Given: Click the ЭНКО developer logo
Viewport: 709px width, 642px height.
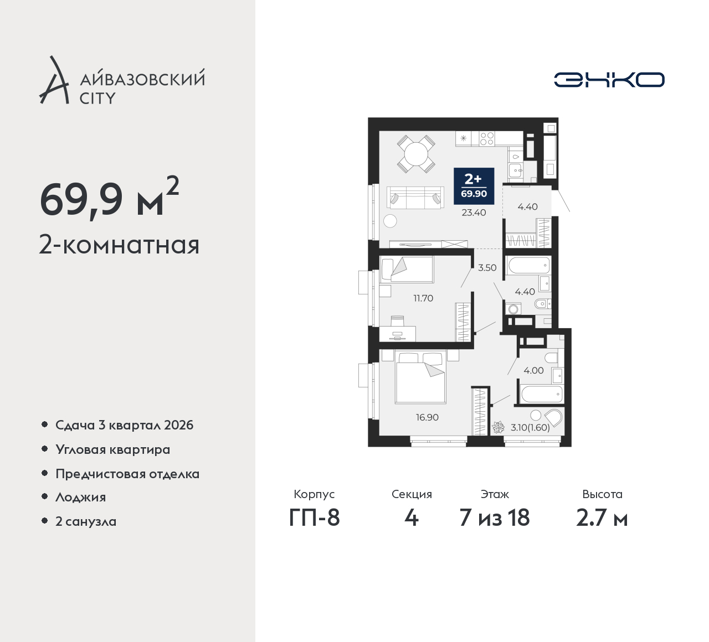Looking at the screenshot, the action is click(x=609, y=80).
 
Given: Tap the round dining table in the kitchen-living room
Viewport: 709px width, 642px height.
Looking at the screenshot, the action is click(x=416, y=154).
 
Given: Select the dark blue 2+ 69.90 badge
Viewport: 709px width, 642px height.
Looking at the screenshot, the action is click(x=474, y=186).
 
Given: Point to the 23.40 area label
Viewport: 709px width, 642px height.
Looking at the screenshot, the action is click(x=474, y=213).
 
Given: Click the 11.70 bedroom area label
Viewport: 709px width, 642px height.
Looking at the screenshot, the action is click(x=423, y=298).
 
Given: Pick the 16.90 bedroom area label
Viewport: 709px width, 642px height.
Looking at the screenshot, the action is click(x=427, y=417).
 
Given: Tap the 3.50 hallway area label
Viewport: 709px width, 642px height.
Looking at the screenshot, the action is click(x=487, y=268).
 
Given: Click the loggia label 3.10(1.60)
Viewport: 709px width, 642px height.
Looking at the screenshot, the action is click(x=530, y=428).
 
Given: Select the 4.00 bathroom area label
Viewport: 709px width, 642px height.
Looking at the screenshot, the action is click(x=533, y=370).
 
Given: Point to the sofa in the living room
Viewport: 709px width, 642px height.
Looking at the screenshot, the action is click(x=415, y=198).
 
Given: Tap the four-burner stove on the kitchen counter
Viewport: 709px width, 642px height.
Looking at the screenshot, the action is click(x=487, y=138).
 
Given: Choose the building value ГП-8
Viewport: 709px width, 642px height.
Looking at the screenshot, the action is click(x=314, y=517).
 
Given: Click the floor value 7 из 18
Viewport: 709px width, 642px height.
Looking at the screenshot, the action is click(x=495, y=517).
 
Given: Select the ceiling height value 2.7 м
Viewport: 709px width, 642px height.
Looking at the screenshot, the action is click(x=602, y=517).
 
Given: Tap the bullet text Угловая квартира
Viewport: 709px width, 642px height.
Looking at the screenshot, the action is click(x=113, y=450).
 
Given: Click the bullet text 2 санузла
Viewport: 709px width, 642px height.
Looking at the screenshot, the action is click(x=86, y=521).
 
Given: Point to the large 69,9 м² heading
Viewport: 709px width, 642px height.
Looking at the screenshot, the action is click(x=110, y=199).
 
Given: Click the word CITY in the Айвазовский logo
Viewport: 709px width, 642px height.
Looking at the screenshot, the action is click(x=97, y=99).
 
